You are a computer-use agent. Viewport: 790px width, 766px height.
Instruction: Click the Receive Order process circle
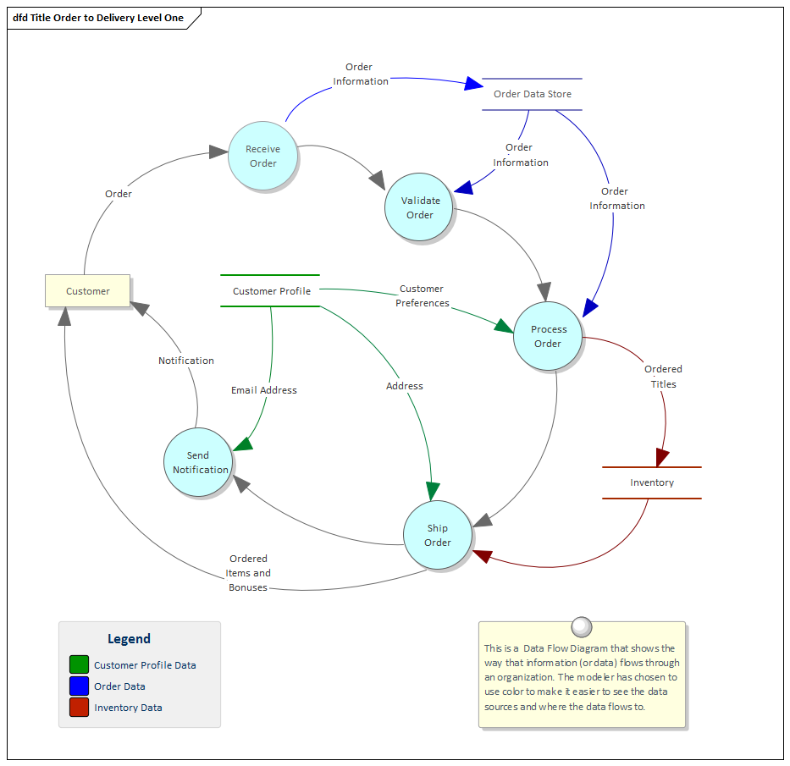[x=262, y=156]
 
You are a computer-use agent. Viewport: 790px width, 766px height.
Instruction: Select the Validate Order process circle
[x=419, y=207]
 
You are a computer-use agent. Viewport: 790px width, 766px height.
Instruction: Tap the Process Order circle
[x=548, y=336]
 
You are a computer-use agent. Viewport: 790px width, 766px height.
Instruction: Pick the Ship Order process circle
[x=437, y=535]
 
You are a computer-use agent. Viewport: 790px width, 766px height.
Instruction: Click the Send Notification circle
[x=198, y=462]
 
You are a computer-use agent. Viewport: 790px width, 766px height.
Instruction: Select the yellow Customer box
[x=87, y=290]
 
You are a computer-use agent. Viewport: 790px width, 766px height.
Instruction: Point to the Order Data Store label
[x=532, y=94]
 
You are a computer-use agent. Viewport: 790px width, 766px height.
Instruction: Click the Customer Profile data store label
[x=271, y=290]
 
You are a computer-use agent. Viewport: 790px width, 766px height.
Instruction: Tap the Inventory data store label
[x=651, y=482]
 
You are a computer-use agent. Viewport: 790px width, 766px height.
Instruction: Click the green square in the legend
[x=79, y=665]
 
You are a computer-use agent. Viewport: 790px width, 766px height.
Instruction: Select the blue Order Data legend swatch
[x=79, y=686]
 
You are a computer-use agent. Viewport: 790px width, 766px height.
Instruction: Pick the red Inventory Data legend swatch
[x=79, y=708]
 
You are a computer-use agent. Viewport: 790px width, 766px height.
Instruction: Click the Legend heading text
[x=129, y=639]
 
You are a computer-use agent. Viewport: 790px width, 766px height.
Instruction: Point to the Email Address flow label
[x=264, y=390]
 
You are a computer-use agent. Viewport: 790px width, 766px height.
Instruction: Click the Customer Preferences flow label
[x=422, y=295]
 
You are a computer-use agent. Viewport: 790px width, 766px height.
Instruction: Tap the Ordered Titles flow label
[x=663, y=377]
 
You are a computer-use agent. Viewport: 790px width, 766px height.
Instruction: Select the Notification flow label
[x=186, y=361]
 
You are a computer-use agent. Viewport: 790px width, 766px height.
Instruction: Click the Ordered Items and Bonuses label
[x=248, y=573]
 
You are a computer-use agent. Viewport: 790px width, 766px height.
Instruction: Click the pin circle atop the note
[x=582, y=626]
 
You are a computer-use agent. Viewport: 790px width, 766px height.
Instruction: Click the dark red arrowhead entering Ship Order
[x=482, y=555]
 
